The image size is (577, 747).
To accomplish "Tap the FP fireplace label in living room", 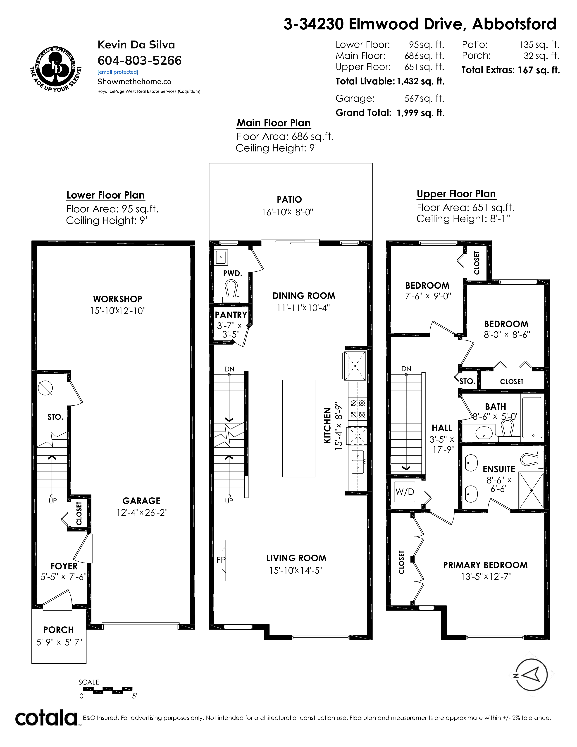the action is (221, 560).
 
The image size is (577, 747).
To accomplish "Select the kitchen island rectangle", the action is (299, 428).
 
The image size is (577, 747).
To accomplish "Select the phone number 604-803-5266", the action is (139, 60).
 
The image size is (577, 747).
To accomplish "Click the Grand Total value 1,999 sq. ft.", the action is (420, 113).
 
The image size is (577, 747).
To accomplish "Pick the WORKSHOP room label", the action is (118, 299).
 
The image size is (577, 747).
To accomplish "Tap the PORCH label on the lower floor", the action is (58, 630).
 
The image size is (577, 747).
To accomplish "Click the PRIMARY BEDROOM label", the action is (485, 565).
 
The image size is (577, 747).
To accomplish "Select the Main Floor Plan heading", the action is (274, 123).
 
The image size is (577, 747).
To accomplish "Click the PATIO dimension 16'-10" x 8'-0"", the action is (287, 212).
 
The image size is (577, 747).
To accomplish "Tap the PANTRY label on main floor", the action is (231, 315).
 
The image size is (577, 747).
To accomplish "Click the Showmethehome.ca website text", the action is (134, 81).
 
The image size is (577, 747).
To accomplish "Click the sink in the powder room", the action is (221, 257).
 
